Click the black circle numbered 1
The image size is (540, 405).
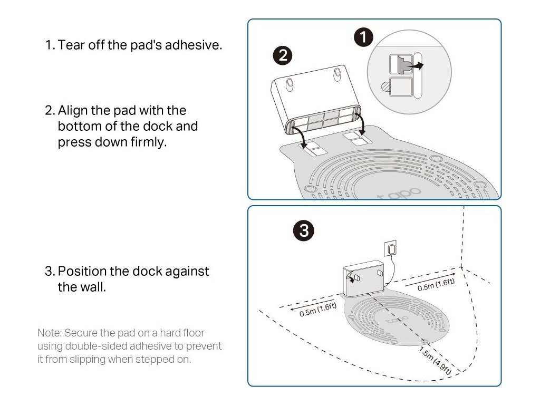[363, 37]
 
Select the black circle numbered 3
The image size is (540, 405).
[304, 230]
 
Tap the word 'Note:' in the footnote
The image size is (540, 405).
[49, 333]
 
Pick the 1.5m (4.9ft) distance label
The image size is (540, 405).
[435, 361]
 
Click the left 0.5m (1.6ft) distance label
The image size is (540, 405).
[318, 310]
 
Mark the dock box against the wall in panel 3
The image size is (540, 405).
[365, 278]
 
